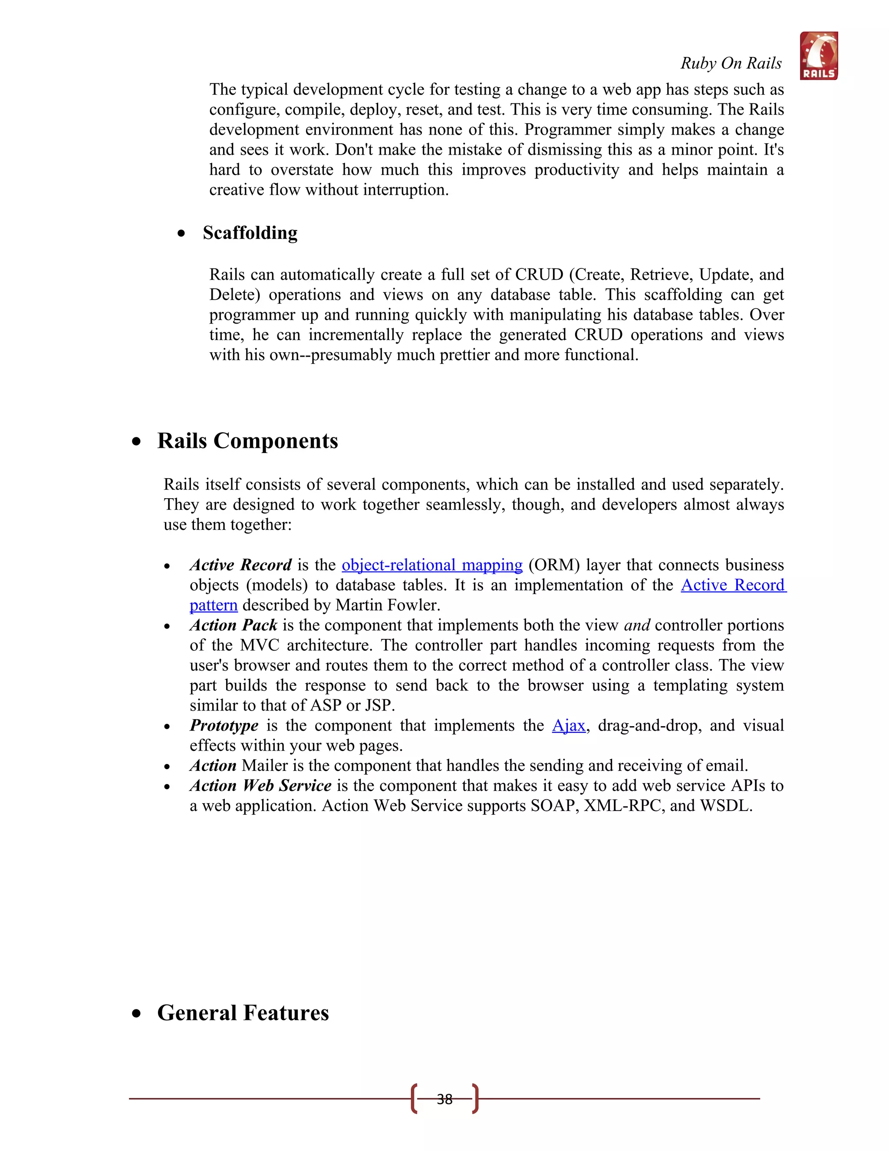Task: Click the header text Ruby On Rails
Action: (731, 63)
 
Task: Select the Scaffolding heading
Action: (250, 233)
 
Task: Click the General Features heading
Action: (243, 1013)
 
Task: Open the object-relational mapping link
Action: (432, 565)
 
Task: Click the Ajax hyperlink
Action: (568, 726)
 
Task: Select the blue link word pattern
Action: (213, 605)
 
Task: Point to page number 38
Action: (444, 1099)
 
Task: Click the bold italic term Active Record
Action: (240, 565)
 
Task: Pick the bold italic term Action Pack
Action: (233, 625)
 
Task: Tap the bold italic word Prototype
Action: (224, 726)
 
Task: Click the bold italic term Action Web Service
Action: (260, 786)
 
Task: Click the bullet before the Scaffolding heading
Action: (181, 234)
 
